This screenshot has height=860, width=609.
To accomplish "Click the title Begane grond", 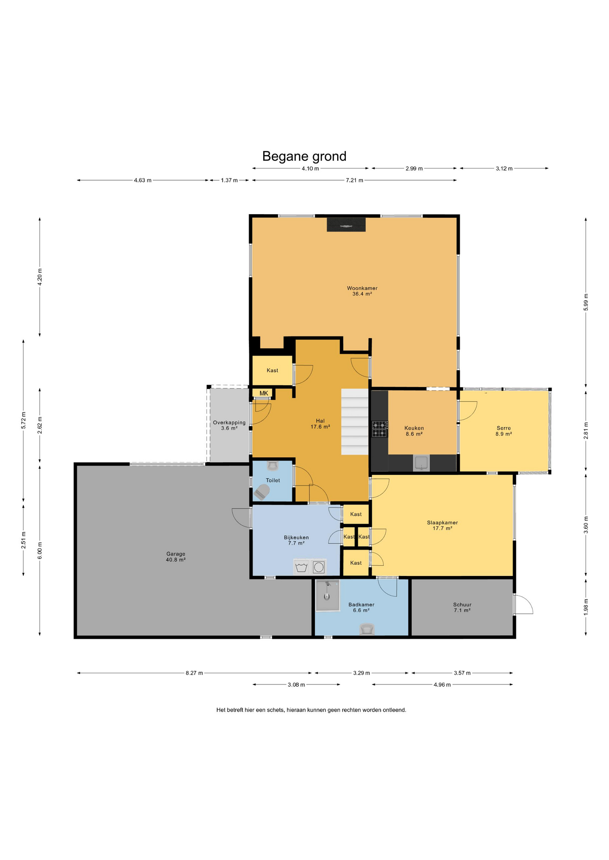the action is [x=304, y=156].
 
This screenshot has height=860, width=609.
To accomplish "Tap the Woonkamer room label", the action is [x=362, y=288].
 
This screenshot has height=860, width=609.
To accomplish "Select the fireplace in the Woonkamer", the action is [x=346, y=224].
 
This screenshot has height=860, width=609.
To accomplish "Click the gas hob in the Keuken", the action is [x=380, y=429].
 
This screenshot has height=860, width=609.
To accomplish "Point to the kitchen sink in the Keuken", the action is [x=421, y=463].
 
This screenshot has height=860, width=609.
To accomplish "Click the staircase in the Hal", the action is [x=355, y=421].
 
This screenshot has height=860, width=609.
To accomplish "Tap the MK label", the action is [x=264, y=393].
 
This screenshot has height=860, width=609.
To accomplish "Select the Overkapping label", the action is [x=229, y=422].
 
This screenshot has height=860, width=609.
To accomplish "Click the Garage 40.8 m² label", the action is [x=176, y=557].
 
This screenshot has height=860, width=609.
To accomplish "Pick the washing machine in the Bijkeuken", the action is [x=319, y=567].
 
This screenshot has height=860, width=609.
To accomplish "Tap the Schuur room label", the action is [x=462, y=605].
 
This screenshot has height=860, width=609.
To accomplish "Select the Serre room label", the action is [x=504, y=428].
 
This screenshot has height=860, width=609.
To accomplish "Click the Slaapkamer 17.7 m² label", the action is [x=442, y=525].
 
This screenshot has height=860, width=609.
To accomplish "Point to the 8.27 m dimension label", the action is [x=194, y=673].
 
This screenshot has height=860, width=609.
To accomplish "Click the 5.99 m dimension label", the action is [x=586, y=302].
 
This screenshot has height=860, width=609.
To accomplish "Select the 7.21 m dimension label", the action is [x=354, y=180].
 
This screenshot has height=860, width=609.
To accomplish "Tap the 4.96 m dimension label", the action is [x=442, y=684].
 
